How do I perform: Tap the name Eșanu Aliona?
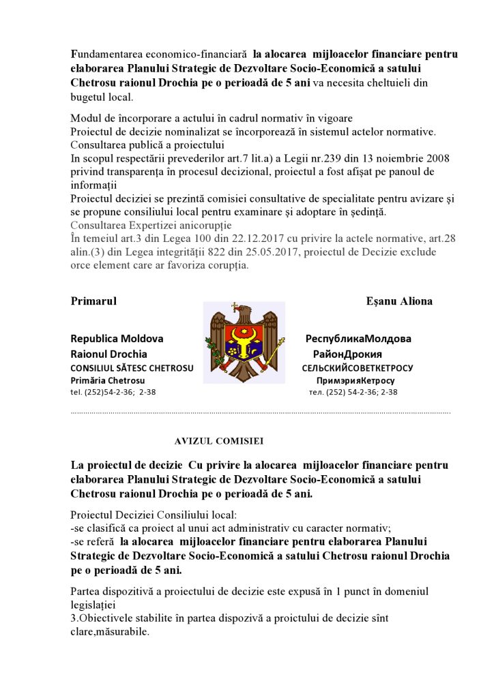399,301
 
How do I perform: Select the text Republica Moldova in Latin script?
117,339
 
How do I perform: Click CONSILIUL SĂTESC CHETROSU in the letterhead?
132,368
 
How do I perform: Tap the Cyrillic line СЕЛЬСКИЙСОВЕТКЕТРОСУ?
357,368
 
